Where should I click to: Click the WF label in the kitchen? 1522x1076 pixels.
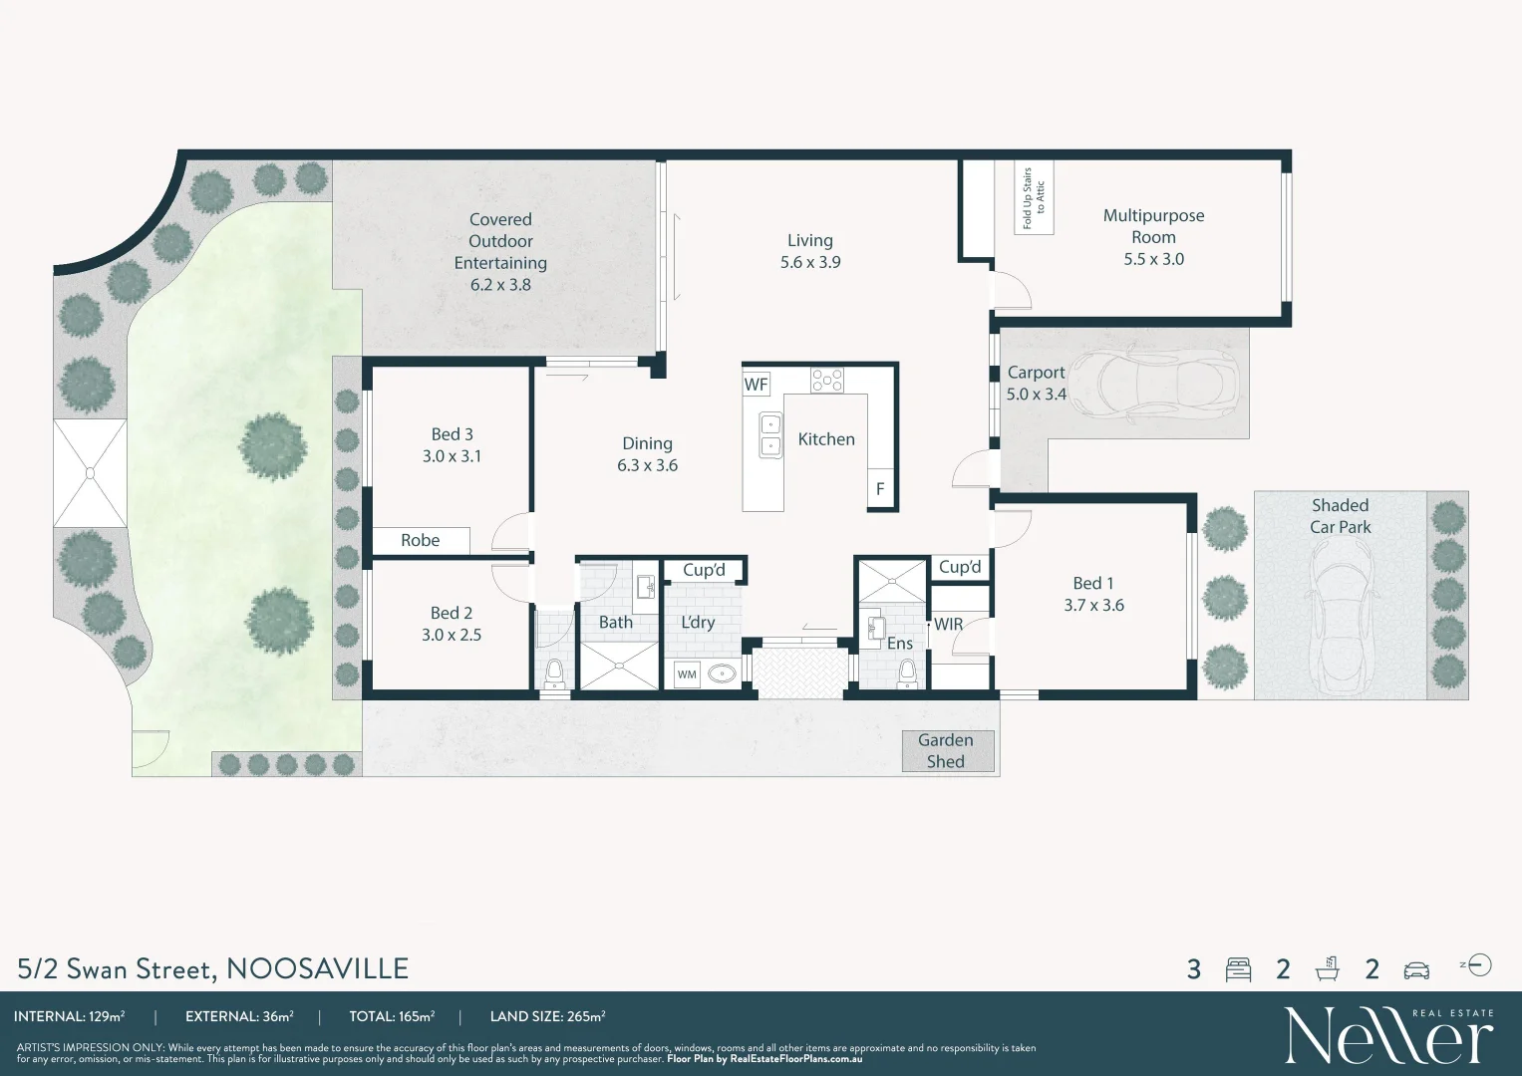click(756, 385)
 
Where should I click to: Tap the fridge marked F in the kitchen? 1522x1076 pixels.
click(880, 488)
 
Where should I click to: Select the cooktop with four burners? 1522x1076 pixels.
click(826, 380)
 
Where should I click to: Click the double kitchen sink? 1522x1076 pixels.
click(770, 435)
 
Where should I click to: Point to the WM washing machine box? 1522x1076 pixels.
click(687, 674)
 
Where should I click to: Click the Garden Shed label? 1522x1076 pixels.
click(945, 751)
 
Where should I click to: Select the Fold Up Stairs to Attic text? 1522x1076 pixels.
click(1034, 198)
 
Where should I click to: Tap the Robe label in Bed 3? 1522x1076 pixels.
click(420, 540)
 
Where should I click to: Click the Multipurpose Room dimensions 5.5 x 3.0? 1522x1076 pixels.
click(1153, 259)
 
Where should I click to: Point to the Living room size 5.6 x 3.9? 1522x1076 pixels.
click(809, 263)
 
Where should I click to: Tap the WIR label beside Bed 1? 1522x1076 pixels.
click(948, 625)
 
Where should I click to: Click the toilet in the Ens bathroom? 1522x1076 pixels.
click(907, 674)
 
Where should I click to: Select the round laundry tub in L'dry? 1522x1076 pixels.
click(722, 674)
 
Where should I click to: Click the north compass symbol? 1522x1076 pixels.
click(1479, 965)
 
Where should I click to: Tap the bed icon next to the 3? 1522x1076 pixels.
click(1238, 969)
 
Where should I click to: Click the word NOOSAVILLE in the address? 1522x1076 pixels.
click(317, 968)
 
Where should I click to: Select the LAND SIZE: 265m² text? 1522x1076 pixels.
click(547, 1017)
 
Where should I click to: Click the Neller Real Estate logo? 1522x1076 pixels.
click(1387, 1035)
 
